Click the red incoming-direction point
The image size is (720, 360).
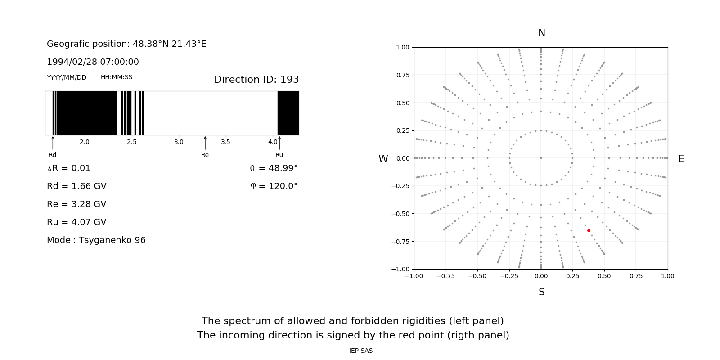589,230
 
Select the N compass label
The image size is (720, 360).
541,33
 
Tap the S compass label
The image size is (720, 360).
541,292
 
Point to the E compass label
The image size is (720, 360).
681,159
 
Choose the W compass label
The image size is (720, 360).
383,159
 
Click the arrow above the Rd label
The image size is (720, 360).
53,143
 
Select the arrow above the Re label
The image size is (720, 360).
205,143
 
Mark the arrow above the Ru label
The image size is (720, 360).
279,143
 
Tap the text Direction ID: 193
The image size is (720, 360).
256,80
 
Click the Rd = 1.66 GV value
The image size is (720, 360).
76,186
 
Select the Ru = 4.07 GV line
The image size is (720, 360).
76,222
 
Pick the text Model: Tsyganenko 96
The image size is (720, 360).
96,240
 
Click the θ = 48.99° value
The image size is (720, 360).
274,168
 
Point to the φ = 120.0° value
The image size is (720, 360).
274,186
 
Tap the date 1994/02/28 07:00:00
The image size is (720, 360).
93,62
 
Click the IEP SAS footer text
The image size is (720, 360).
360,351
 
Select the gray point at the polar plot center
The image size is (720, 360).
541,158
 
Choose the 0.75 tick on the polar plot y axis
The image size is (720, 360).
402,75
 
